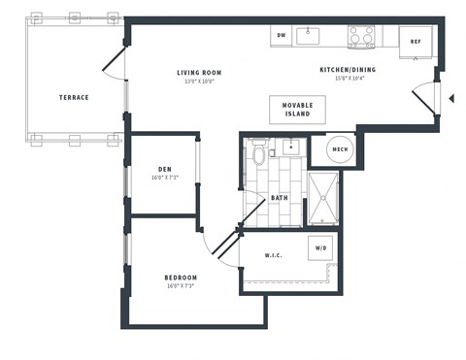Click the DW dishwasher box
coord(282,36)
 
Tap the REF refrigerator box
coord(416,42)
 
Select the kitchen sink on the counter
coord(308,36)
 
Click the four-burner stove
coord(361,37)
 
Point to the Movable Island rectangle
coord(297,109)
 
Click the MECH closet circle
coord(340,149)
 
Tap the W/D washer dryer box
coord(321,247)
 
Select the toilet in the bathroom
coord(258,154)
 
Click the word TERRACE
coord(74,97)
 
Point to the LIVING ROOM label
coord(200,72)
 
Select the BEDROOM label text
coord(181,278)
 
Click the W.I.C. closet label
coord(273,256)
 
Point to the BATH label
coord(280,198)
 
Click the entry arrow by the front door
coord(450,98)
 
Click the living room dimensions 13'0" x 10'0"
coord(200,82)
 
